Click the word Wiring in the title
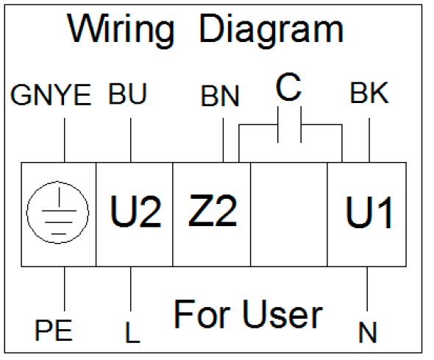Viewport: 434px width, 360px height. [x=121, y=31]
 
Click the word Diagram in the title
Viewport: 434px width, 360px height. [x=271, y=30]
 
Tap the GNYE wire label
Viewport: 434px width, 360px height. [x=51, y=95]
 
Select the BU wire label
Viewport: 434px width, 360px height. [x=127, y=93]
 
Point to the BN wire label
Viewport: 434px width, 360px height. [x=220, y=96]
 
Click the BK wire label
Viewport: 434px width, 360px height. [x=369, y=93]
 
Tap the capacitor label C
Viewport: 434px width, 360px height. [x=288, y=87]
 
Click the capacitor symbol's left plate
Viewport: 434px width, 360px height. [x=278, y=124]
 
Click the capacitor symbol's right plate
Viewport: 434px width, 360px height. [x=301, y=124]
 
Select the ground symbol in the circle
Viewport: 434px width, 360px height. [x=57, y=213]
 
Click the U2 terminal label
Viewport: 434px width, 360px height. [x=135, y=211]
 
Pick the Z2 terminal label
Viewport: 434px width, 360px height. [x=213, y=211]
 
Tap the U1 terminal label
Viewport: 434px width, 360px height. [x=369, y=212]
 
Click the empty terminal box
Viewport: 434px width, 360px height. [x=289, y=215]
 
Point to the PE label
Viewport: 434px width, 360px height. [x=54, y=330]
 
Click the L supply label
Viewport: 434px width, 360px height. [x=132, y=332]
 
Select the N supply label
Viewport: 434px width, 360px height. [x=368, y=332]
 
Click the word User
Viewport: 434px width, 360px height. [x=283, y=314]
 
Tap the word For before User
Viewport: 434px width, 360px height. [x=202, y=314]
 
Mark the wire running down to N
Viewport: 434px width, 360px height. [x=367, y=289]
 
